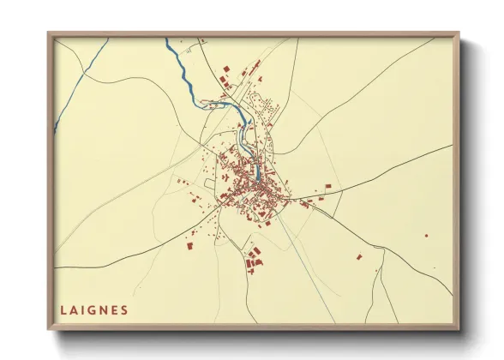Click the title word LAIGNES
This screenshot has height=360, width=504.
click(x=94, y=310)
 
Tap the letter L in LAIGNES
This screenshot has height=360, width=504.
click(x=63, y=310)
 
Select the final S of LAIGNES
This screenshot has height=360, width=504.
click(x=125, y=310)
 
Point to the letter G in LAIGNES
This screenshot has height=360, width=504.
click(x=93, y=310)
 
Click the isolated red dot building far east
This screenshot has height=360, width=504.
click(x=426, y=235)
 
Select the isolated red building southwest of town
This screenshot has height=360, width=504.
click(x=188, y=246)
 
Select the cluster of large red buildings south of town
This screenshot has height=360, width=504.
click(x=253, y=260)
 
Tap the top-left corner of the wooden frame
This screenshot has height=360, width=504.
click(x=49, y=34)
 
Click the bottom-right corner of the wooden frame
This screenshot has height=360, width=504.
click(x=457, y=327)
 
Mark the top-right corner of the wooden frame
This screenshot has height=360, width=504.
click(x=457, y=34)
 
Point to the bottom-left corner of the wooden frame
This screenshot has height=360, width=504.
click(x=49, y=327)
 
